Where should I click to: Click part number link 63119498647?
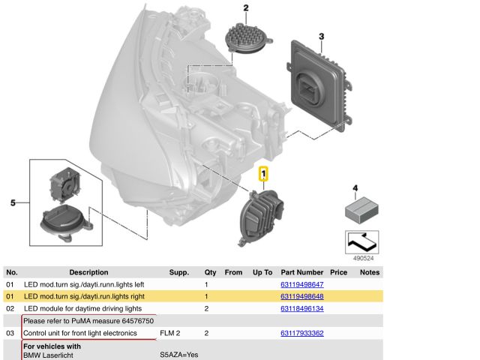[301, 285]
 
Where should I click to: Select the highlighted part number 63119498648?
[301, 297]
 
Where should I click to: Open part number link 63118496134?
[301, 308]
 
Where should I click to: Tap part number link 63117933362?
[301, 332]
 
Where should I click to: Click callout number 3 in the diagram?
[321, 36]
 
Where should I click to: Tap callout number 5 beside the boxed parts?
[12, 202]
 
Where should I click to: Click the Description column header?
[88, 273]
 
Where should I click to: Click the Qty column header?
[211, 273]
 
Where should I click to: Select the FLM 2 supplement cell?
[170, 332]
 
